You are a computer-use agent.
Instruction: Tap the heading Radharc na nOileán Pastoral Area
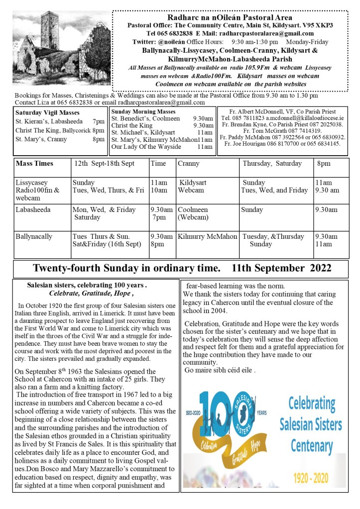[x=230, y=17]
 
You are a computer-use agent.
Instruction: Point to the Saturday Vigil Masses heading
[x=47, y=112]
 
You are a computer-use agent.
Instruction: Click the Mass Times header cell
[x=34, y=163]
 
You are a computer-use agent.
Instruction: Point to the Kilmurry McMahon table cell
[x=208, y=236]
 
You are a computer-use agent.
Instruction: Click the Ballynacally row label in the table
[x=34, y=236]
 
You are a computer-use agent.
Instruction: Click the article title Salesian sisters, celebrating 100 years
[x=87, y=285]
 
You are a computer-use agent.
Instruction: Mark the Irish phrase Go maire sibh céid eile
[x=220, y=370]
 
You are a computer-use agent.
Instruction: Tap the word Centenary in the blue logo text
[x=311, y=444]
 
